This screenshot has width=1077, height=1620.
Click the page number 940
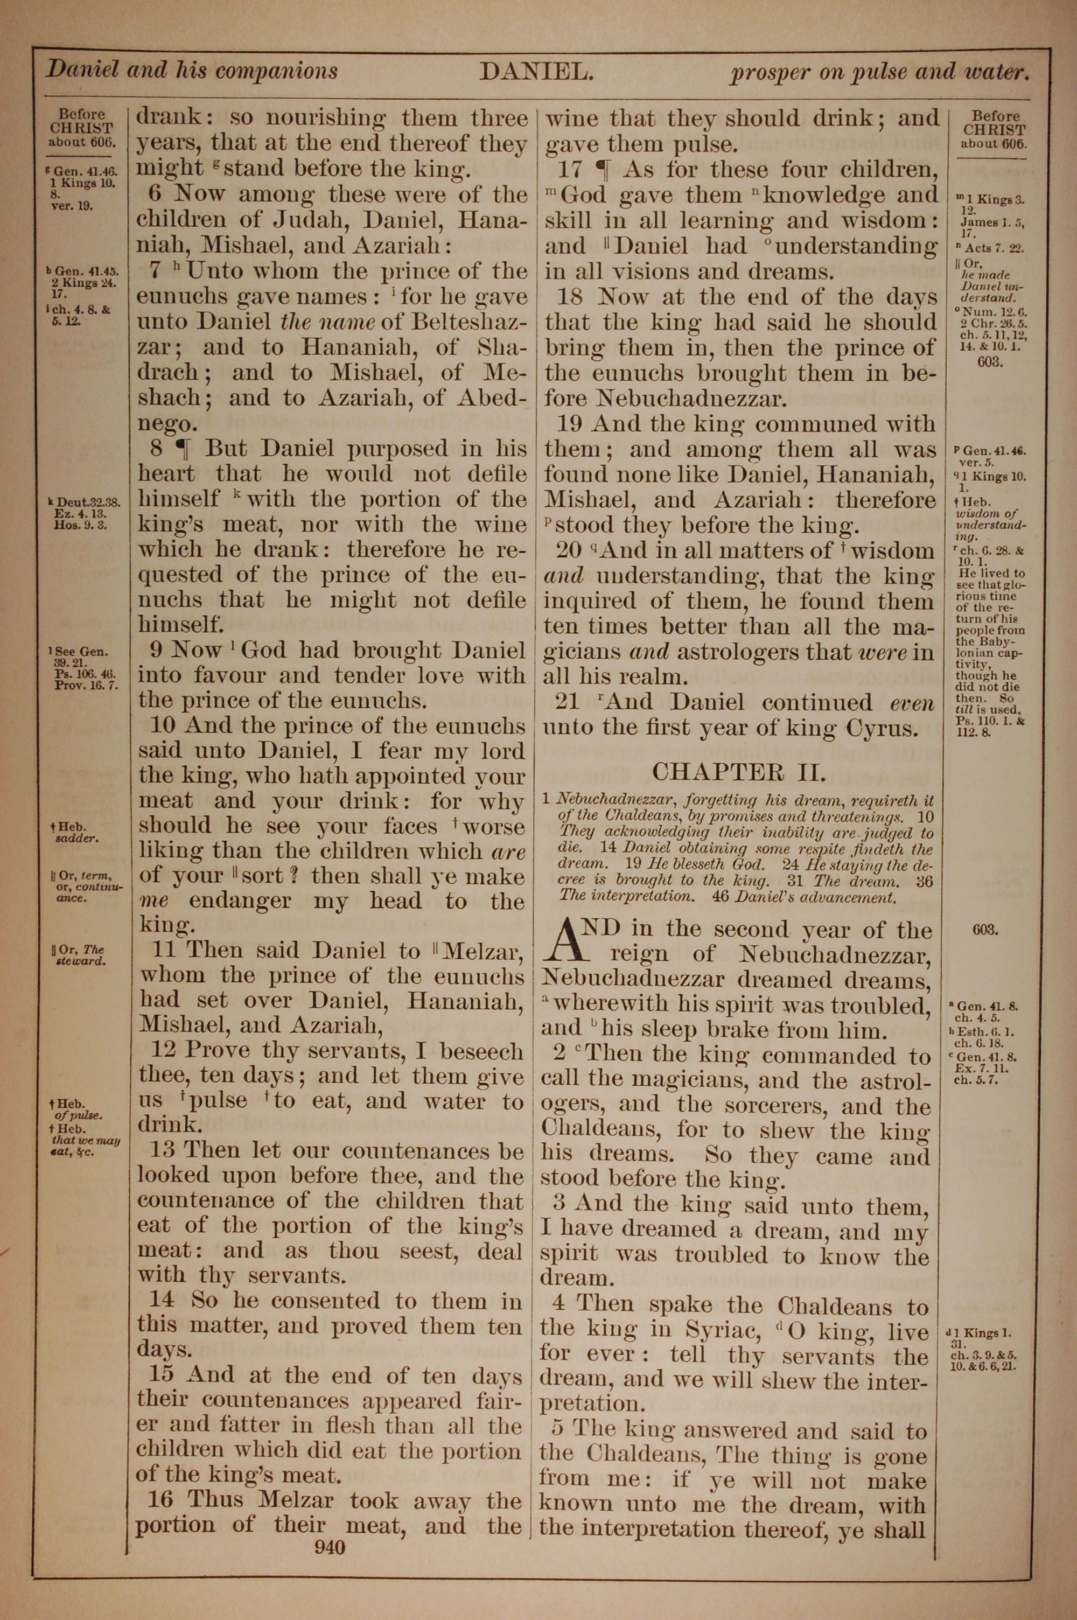[329, 1547]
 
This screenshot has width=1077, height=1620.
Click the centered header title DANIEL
[536, 72]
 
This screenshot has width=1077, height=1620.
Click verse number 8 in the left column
[157, 449]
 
